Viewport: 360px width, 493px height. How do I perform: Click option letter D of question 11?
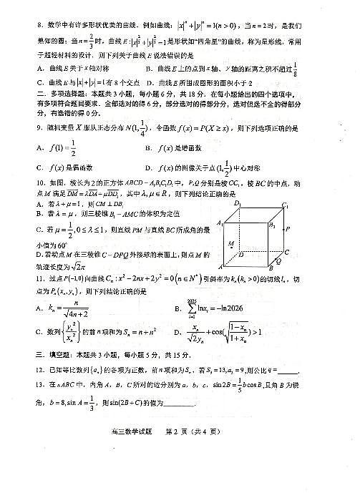(x=177, y=331)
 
